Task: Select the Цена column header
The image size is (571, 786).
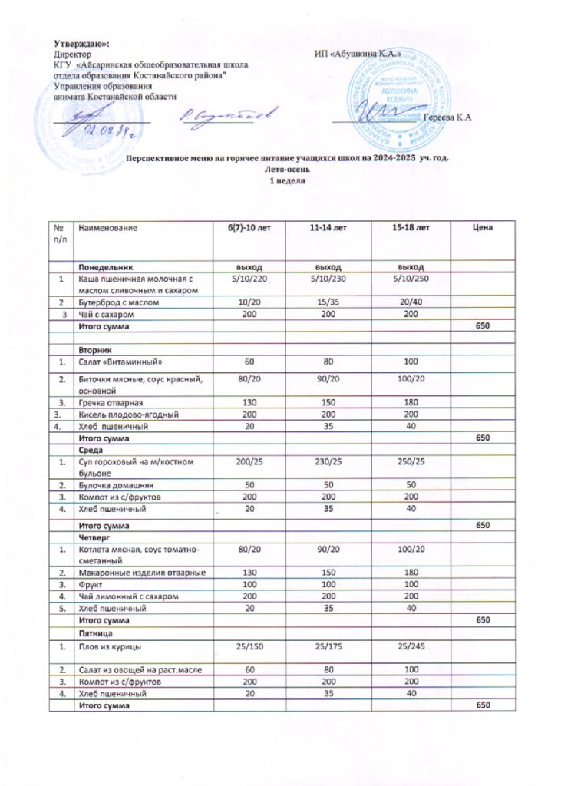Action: tap(482, 228)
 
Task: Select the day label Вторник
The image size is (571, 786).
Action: tap(91, 348)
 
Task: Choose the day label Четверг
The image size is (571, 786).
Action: tap(92, 538)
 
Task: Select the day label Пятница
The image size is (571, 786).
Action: tap(94, 634)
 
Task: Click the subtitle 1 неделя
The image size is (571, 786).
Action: tap(285, 180)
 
